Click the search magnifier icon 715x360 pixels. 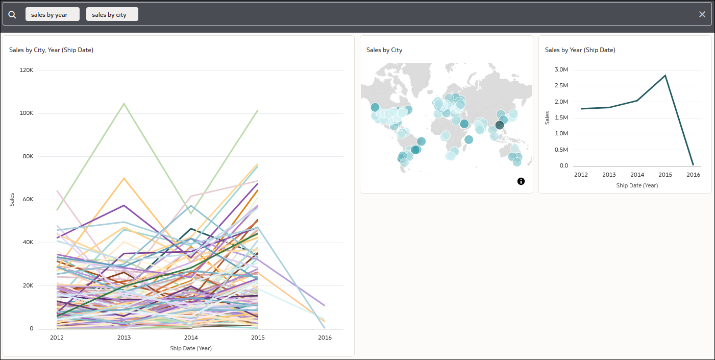(x=12, y=14)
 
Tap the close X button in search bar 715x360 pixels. (x=702, y=14)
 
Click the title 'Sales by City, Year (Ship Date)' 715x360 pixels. (x=51, y=50)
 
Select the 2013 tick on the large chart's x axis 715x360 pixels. (x=125, y=338)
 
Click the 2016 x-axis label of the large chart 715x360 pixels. (x=325, y=338)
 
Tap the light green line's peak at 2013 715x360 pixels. (x=124, y=104)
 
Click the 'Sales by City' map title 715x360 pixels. (x=384, y=50)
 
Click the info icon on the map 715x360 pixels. (x=521, y=181)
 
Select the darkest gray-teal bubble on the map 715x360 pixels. (x=500, y=125)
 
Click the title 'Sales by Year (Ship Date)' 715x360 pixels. (x=580, y=50)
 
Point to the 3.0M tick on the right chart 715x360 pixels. (x=561, y=70)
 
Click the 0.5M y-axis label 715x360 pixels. (x=561, y=150)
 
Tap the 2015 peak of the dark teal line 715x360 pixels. (x=665, y=76)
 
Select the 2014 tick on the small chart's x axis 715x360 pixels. (x=637, y=175)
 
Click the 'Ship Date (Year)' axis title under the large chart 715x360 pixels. (x=191, y=348)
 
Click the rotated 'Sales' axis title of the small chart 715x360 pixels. (x=547, y=118)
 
